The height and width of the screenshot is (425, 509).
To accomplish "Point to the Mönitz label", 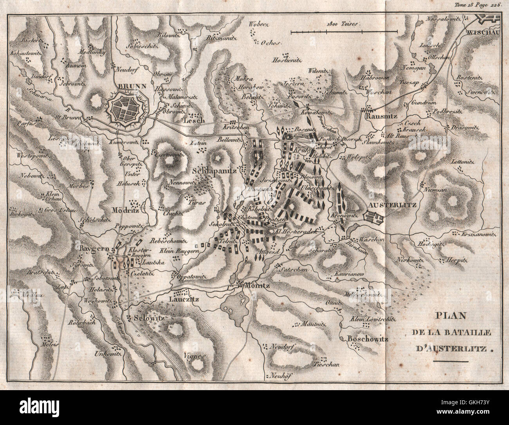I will tap(256, 286).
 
